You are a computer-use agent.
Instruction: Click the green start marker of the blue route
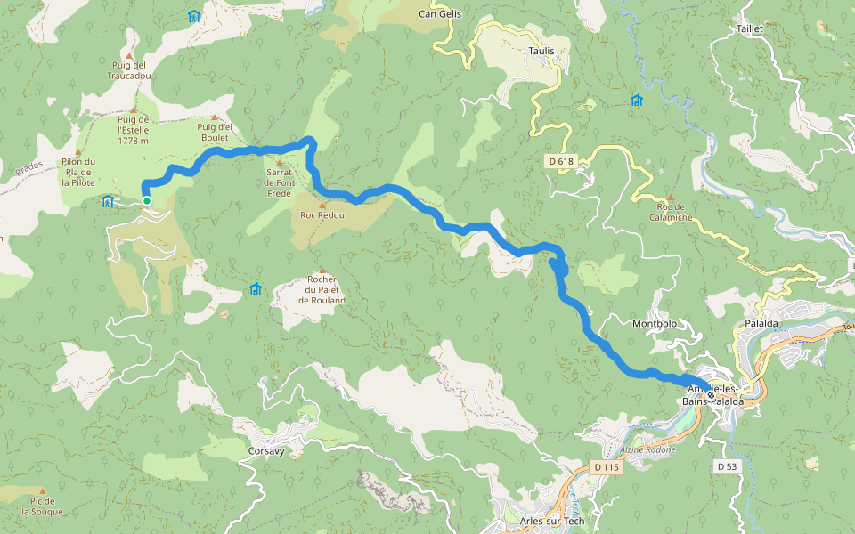147,201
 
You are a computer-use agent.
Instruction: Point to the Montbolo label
655,323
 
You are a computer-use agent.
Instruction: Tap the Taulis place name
541,51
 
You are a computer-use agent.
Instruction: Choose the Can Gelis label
439,14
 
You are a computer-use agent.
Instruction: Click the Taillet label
750,28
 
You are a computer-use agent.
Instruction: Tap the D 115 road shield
606,467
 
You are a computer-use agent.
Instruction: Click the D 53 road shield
728,465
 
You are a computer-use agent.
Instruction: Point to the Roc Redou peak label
322,216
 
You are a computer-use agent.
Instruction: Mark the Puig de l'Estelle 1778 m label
133,130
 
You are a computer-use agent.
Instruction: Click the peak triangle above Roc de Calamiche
671,198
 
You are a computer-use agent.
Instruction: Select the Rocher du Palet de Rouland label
322,290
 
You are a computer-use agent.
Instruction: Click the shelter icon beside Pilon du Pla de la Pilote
108,200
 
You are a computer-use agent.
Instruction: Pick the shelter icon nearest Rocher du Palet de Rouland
256,288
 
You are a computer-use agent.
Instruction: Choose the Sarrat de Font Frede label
279,182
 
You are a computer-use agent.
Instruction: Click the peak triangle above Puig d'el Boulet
214,117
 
